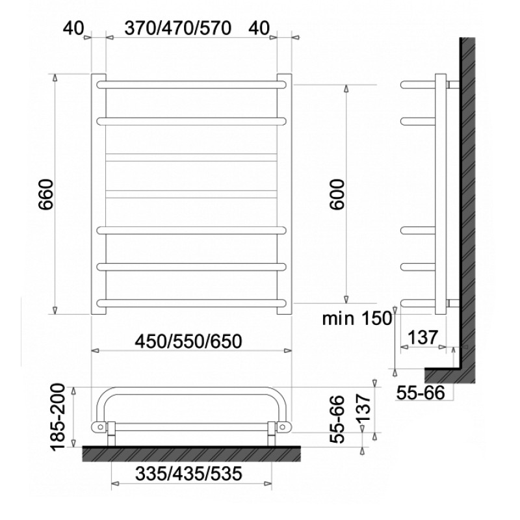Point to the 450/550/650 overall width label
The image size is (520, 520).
tap(188, 340)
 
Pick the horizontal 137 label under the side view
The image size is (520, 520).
tap(421, 338)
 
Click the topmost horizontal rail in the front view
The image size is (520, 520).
tap(191, 84)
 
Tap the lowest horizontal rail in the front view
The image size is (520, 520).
tap(191, 302)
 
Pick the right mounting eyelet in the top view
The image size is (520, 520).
tap(284, 426)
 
